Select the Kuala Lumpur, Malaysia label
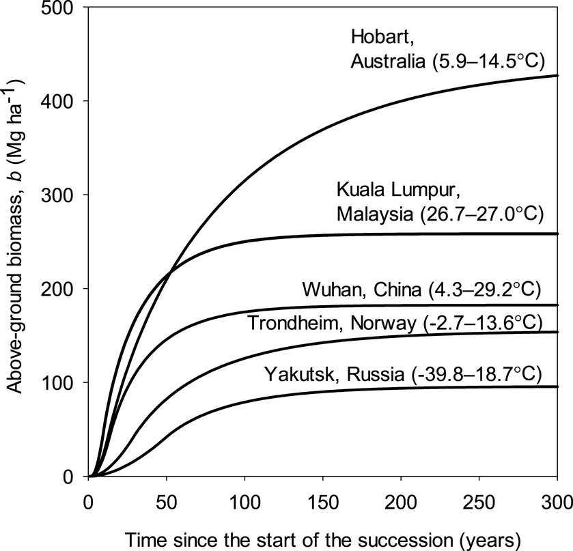pos(440,201)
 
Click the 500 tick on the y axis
pos(67,8)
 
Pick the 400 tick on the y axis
pos(67,101)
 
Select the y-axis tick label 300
pos(67,195)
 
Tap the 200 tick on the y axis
pos(67,289)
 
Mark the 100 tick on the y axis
pos(67,382)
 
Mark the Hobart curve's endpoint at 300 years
pos(557,76)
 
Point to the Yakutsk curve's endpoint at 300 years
pos(557,386)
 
